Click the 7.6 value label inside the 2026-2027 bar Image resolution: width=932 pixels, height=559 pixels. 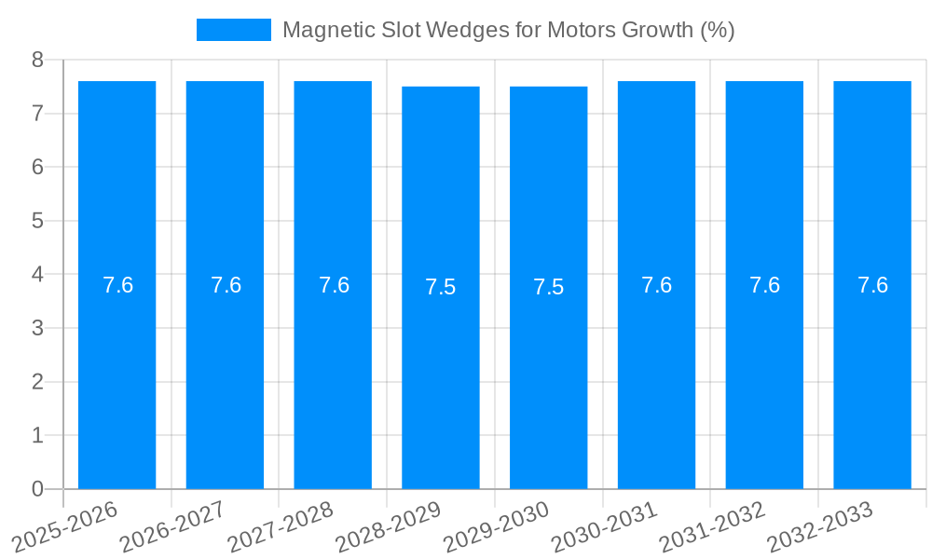pos(226,285)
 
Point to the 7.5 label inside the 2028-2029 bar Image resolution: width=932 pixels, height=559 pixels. pos(441,287)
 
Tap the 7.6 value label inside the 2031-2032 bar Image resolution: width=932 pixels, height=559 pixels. pos(764,285)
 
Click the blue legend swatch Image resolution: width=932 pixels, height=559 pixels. pos(233,30)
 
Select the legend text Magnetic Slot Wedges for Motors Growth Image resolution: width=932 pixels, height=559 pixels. pos(508,30)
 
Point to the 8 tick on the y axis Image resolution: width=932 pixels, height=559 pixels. pos(37,60)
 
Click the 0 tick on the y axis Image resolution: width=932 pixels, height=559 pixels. pos(37,488)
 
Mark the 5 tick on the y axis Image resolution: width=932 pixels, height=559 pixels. pos(37,221)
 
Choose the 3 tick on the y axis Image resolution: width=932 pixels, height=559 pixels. pos(37,328)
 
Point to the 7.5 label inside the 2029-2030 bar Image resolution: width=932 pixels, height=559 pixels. pos(549,287)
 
